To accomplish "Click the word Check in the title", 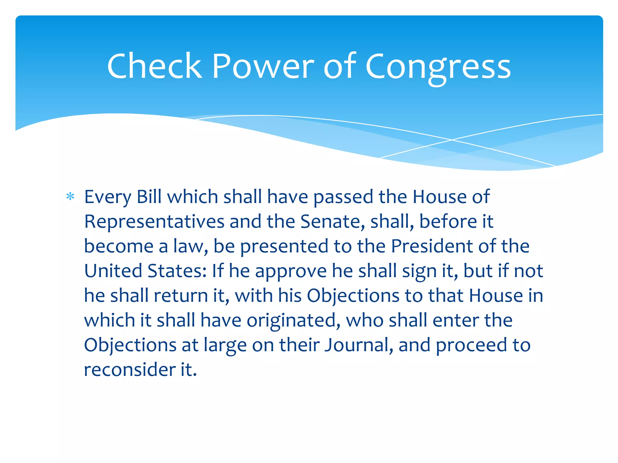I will click(154, 66).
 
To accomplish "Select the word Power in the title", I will click(263, 66).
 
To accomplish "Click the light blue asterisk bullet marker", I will click(70, 197).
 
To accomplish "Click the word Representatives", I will click(154, 222).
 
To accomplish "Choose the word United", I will click(113, 271).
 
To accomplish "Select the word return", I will click(181, 296).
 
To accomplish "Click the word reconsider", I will click(129, 370).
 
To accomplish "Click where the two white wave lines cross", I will click(452, 140).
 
